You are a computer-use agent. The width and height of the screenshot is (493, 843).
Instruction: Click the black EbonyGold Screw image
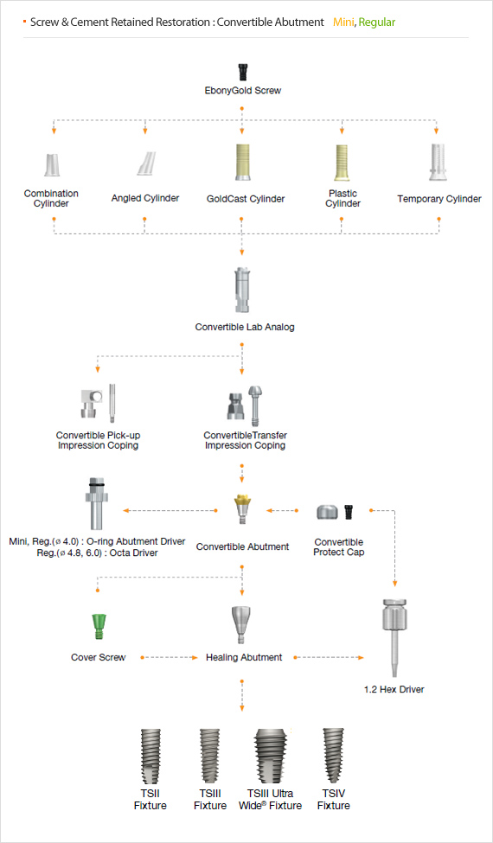[242, 72]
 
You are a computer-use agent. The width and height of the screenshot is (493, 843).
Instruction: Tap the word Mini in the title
[343, 22]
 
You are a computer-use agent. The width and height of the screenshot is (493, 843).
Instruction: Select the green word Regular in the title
[377, 22]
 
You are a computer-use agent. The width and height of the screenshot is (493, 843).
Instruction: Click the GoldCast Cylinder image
[241, 163]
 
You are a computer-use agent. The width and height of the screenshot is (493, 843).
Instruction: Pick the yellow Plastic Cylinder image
[342, 162]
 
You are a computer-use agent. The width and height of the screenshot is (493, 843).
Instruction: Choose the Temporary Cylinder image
[439, 162]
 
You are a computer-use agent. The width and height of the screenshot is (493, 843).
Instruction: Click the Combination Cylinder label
[51, 198]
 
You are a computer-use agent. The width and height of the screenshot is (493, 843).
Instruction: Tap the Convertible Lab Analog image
[241, 290]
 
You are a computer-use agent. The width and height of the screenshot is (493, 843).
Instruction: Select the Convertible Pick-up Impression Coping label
[98, 440]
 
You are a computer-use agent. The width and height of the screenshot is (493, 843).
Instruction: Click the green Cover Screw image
[98, 626]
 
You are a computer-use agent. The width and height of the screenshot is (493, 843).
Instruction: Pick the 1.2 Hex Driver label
[394, 689]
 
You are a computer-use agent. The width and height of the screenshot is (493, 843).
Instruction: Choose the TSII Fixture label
[150, 800]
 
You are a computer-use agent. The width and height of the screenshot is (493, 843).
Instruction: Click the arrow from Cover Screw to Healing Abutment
[169, 657]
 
